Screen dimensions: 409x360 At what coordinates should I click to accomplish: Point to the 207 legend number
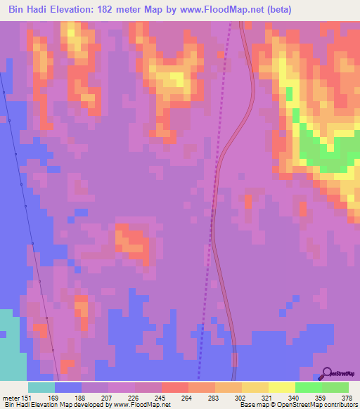coord(108,397)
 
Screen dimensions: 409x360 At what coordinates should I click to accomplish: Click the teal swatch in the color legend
coord(41,387)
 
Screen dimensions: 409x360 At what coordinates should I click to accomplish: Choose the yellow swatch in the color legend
coord(281,387)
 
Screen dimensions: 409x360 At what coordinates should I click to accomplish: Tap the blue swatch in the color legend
coord(68,387)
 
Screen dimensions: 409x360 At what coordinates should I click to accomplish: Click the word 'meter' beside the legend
coord(13,397)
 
